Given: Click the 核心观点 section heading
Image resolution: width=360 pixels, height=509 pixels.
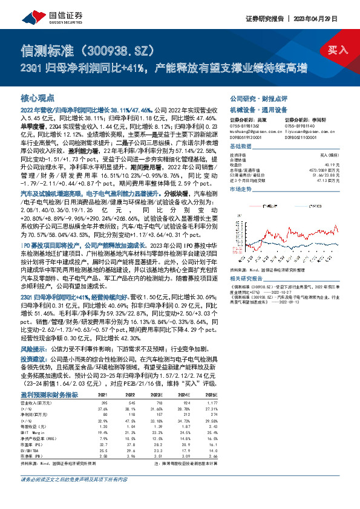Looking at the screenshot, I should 38,98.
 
